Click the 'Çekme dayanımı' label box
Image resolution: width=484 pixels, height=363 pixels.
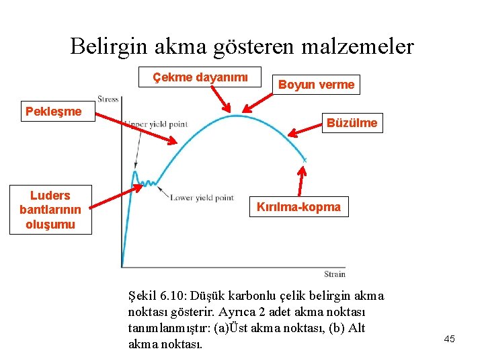pyautogui.click(x=200, y=77)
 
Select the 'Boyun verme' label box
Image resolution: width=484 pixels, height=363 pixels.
pyautogui.click(x=316, y=85)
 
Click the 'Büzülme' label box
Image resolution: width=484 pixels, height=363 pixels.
pyautogui.click(x=352, y=123)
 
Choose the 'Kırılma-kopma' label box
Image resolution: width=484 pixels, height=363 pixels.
pyautogui.click(x=298, y=207)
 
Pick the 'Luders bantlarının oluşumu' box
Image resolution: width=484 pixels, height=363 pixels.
pyautogui.click(x=50, y=210)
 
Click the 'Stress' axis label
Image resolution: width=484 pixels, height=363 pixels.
pyautogui.click(x=108, y=99)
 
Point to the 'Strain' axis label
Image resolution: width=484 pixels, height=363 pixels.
pyautogui.click(x=334, y=274)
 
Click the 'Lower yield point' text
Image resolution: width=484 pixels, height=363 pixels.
pyautogui.click(x=202, y=198)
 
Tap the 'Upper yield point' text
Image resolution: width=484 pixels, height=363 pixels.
pyautogui.click(x=156, y=124)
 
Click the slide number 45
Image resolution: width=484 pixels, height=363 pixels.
pyautogui.click(x=449, y=339)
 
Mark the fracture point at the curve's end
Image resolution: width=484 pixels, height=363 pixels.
pyautogui.click(x=305, y=160)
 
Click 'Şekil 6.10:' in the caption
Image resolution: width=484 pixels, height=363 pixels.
pyautogui.click(x=157, y=296)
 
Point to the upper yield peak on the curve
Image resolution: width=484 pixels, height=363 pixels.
pyautogui.click(x=135, y=172)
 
